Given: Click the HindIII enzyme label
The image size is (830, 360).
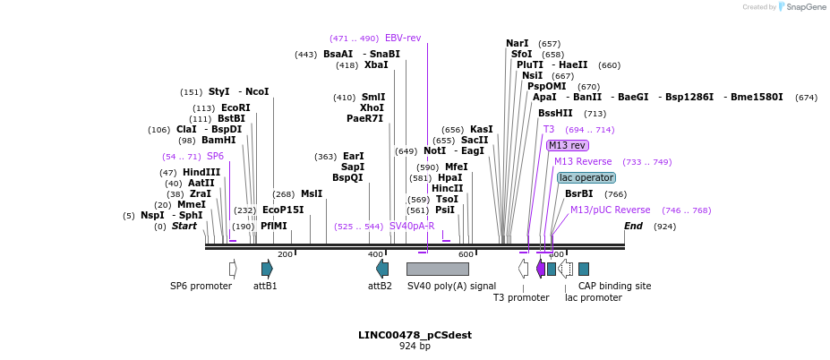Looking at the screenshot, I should tap(201, 172).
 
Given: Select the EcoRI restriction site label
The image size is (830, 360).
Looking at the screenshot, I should tap(235, 107).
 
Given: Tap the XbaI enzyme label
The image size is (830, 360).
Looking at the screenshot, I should tap(376, 64).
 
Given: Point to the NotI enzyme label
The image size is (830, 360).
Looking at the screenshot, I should tap(434, 150).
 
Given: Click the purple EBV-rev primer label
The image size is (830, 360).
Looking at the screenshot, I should tap(403, 38).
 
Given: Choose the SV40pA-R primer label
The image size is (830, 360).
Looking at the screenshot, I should tap(412, 226).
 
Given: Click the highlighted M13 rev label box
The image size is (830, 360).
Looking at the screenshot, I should tap(568, 145).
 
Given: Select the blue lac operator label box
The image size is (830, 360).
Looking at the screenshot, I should tap(586, 177).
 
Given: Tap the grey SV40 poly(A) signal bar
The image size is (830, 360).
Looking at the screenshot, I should tap(437, 269).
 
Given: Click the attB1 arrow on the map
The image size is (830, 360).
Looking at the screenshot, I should tap(267, 269).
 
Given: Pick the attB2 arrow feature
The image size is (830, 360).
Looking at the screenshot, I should tap(382, 269).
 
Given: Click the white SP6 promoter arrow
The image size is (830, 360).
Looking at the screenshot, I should tap(233, 269).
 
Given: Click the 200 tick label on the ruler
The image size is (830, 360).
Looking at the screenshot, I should tap(285, 255).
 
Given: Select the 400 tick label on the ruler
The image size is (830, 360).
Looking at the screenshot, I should tap(375, 255).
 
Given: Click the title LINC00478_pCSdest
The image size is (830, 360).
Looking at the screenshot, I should tap(415, 335).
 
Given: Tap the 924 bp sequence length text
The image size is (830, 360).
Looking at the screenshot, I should tap(415, 346).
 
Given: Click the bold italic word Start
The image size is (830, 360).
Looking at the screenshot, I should tap(184, 226).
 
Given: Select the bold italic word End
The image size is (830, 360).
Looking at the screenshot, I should tap(634, 226).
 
